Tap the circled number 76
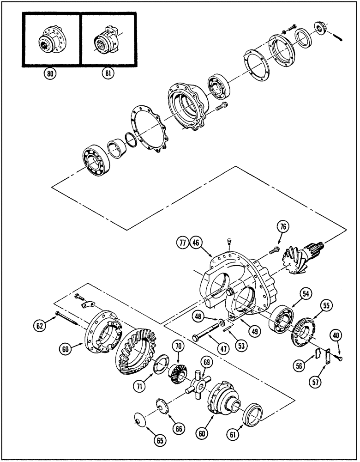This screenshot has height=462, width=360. pyautogui.click(x=283, y=227)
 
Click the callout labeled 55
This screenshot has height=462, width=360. pyautogui.click(x=327, y=305)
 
